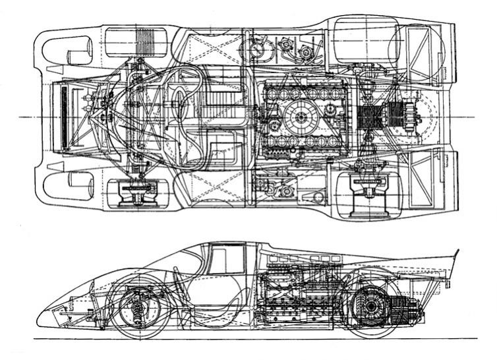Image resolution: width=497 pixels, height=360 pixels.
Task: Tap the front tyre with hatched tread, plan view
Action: [x=137, y=42]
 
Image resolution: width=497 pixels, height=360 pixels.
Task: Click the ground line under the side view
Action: [x=264, y=339]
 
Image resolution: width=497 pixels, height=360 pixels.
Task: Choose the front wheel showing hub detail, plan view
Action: [x=137, y=193]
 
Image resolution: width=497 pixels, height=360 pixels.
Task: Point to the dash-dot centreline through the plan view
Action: [x=20, y=117]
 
